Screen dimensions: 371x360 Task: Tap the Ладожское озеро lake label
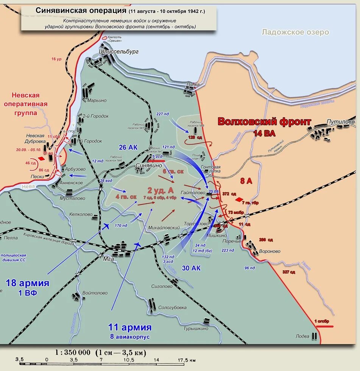pos(295,32)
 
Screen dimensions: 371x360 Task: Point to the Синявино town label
pos(149,165)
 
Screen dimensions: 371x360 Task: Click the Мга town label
pos(109,259)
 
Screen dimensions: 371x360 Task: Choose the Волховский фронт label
pos(264,122)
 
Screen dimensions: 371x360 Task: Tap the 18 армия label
pos(28,283)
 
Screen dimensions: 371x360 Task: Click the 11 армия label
pos(130,327)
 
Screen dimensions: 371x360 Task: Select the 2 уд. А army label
pos(160,190)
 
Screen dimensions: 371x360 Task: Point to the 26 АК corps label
pos(128,147)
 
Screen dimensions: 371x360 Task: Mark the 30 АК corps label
pos(191,268)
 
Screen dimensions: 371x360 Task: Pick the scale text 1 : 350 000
pos(73,352)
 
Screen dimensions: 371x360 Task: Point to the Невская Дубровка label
pos(36,139)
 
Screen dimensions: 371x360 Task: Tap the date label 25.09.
pos(214,192)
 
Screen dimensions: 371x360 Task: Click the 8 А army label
pos(246,181)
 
